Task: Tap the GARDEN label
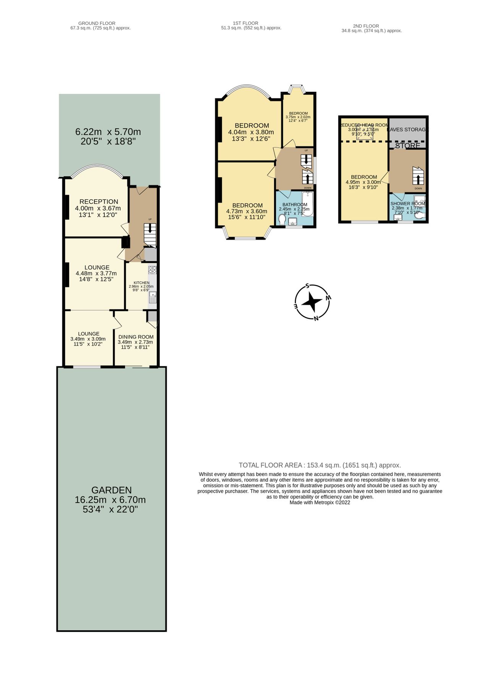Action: [111, 490]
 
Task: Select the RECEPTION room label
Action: [99, 201]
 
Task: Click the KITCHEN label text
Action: [141, 282]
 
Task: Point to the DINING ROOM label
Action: [136, 337]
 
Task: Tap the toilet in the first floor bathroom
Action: [282, 220]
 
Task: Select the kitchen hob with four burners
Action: [152, 270]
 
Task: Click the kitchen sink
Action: [153, 297]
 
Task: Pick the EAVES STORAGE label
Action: [408, 130]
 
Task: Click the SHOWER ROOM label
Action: [408, 204]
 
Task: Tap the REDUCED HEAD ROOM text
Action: [364, 125]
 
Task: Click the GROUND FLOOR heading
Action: [97, 23]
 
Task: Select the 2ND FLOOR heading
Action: [366, 26]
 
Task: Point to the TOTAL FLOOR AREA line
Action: [320, 465]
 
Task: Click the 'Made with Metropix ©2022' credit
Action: [320, 503]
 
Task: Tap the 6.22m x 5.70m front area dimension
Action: [108, 132]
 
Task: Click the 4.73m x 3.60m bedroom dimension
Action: [247, 211]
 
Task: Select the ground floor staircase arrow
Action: [150, 229]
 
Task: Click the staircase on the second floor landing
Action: [417, 176]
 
